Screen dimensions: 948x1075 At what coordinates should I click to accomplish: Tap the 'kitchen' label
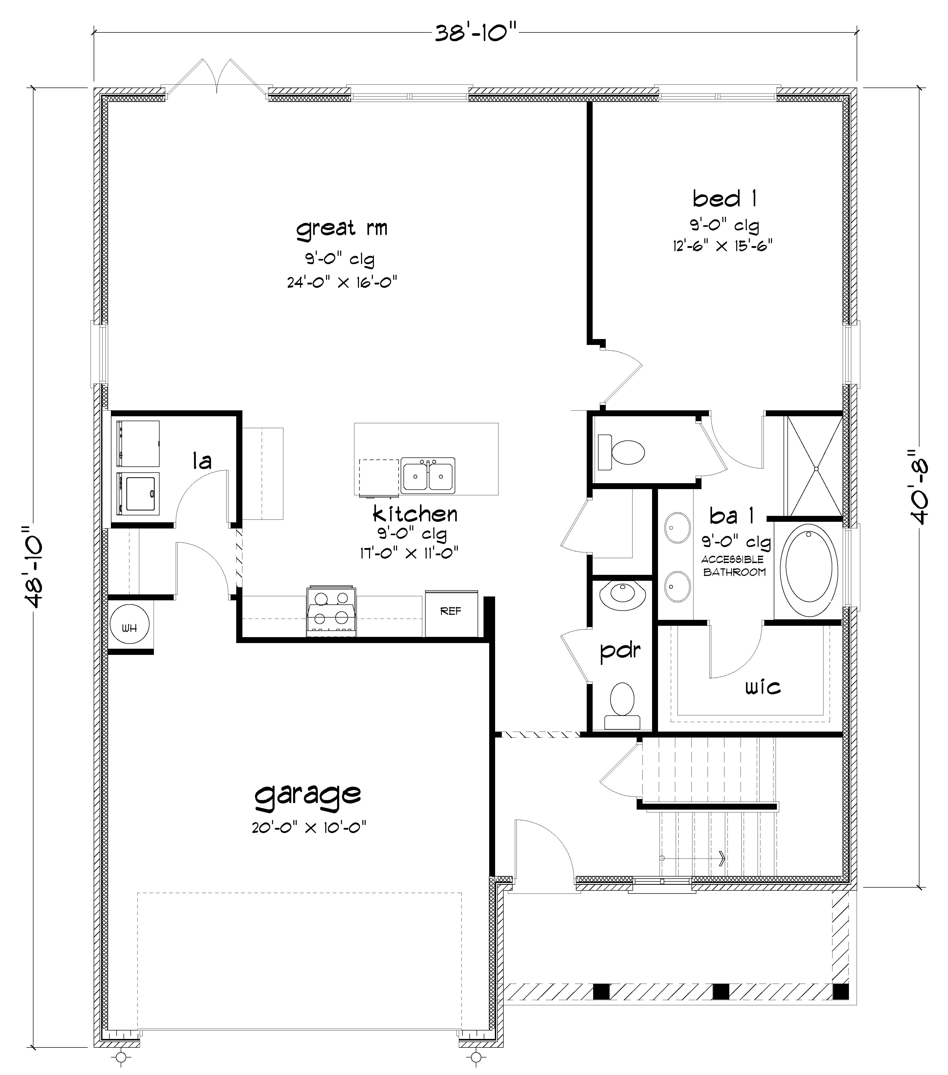pyautogui.click(x=415, y=514)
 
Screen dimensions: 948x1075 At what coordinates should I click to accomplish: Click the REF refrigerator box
pyautogui.click(x=451, y=613)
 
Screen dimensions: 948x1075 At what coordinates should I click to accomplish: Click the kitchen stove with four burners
pyautogui.click(x=331, y=611)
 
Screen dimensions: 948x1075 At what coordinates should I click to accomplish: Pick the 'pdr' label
pyautogui.click(x=620, y=651)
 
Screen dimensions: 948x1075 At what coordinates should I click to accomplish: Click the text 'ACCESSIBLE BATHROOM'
pyautogui.click(x=734, y=565)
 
